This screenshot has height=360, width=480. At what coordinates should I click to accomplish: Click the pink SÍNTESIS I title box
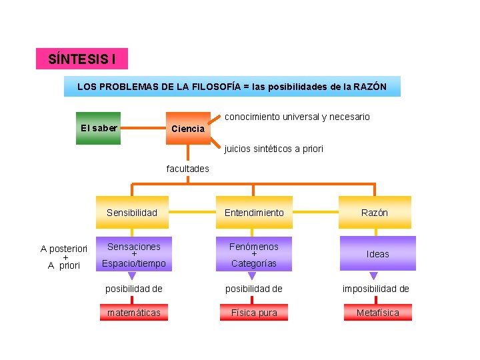[81, 59]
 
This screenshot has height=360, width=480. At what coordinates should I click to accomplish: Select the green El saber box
[99, 128]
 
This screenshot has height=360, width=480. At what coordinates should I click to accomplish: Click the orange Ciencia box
[188, 129]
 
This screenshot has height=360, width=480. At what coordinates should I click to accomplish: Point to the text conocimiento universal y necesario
[297, 117]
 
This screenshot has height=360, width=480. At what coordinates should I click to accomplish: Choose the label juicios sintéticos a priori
[274, 149]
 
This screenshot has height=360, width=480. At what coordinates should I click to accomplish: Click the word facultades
[187, 169]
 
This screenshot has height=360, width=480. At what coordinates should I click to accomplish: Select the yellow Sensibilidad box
[132, 213]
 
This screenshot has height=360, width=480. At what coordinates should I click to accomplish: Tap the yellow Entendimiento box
[253, 213]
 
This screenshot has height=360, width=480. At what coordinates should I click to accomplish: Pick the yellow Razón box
[375, 213]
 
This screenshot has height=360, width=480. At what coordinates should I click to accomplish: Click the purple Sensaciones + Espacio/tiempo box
[133, 255]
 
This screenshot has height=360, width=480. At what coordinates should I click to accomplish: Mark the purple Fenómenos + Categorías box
[253, 255]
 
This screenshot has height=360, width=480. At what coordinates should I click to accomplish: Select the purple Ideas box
[377, 254]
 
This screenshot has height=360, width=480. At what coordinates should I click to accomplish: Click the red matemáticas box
[133, 313]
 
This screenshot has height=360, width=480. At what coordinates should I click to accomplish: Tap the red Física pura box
[254, 313]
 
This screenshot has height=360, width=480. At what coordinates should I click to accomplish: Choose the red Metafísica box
[377, 313]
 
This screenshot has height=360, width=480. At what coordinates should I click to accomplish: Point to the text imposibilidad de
[376, 289]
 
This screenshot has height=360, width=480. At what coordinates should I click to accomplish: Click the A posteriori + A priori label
[64, 257]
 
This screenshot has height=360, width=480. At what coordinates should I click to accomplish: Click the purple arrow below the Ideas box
[373, 275]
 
